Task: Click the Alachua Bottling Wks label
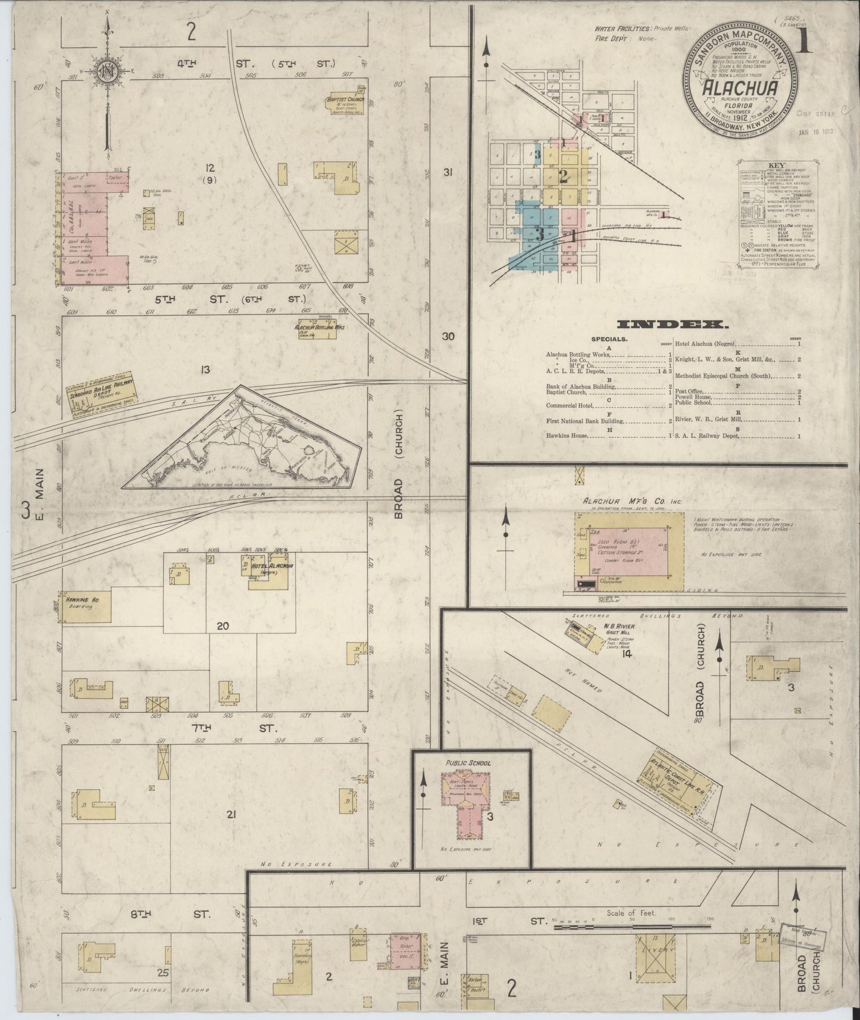point(320,327)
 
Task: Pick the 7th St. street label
point(235,728)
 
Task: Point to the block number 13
point(205,370)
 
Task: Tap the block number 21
point(231,814)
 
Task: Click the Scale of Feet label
point(631,913)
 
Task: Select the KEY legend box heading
point(777,165)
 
